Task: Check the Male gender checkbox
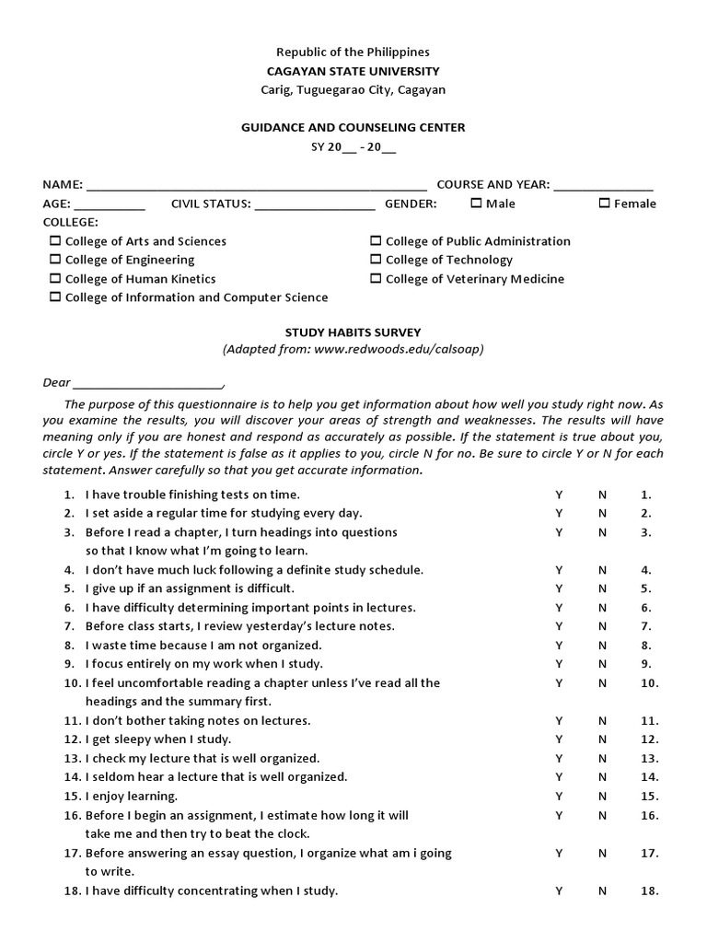tap(476, 204)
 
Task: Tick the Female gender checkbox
tap(604, 204)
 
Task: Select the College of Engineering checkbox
tap(55, 260)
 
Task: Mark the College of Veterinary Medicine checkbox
tap(376, 278)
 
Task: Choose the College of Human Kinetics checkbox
tap(55, 278)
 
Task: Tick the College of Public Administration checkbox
tap(376, 241)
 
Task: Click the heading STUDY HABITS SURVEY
tap(353, 332)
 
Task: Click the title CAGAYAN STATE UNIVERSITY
tap(353, 71)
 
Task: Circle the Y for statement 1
tap(558, 495)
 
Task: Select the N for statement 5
tap(602, 588)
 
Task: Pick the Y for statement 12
tap(558, 739)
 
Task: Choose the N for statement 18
tap(602, 891)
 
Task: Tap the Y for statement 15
tap(558, 796)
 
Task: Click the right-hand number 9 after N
tap(646, 663)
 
